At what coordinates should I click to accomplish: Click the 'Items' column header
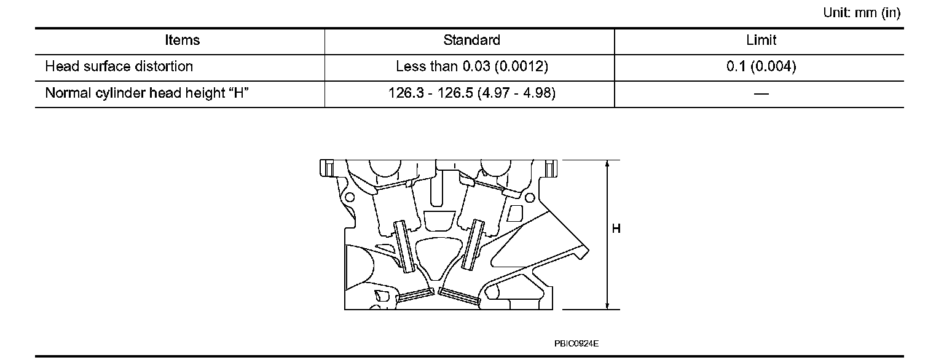(x=183, y=41)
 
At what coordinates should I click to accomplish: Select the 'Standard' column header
(x=471, y=41)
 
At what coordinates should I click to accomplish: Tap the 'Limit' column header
(x=761, y=41)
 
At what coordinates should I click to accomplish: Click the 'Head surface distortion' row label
(x=119, y=66)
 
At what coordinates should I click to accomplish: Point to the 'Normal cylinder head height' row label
(x=146, y=93)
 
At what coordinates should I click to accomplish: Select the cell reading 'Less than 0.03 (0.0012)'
(x=472, y=66)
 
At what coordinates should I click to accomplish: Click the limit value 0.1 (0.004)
(x=761, y=66)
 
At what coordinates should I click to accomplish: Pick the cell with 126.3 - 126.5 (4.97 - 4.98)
(x=472, y=93)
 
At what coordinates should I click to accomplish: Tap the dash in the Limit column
(x=761, y=94)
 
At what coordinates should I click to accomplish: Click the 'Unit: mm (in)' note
(x=862, y=14)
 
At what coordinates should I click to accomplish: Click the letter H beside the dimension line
(x=616, y=229)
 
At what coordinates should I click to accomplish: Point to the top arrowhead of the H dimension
(x=607, y=164)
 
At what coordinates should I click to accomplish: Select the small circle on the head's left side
(x=350, y=198)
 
